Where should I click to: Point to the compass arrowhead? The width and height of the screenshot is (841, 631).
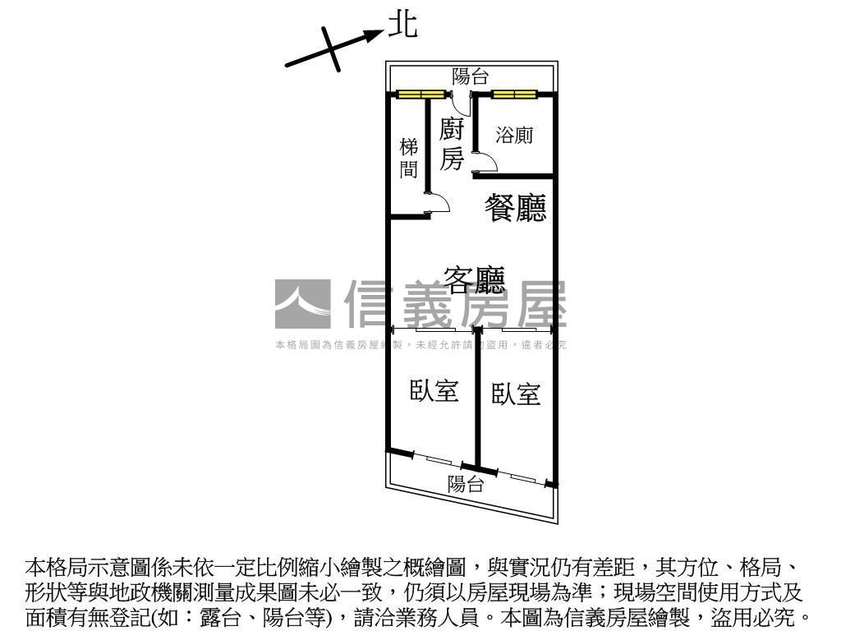pyautogui.click(x=378, y=34)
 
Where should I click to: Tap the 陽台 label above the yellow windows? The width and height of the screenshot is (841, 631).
pyautogui.click(x=471, y=77)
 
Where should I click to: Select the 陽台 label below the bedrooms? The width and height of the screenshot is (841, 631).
pyautogui.click(x=466, y=484)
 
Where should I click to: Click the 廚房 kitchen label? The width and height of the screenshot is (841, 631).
pyautogui.click(x=453, y=145)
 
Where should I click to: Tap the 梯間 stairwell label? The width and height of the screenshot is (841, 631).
pyautogui.click(x=408, y=159)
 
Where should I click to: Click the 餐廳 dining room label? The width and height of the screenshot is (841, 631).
pyautogui.click(x=516, y=208)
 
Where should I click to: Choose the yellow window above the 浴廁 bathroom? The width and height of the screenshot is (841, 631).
pyautogui.click(x=515, y=94)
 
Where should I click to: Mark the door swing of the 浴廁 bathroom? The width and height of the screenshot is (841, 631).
pyautogui.click(x=487, y=160)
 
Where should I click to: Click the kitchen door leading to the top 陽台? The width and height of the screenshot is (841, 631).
pyautogui.click(x=460, y=104)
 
